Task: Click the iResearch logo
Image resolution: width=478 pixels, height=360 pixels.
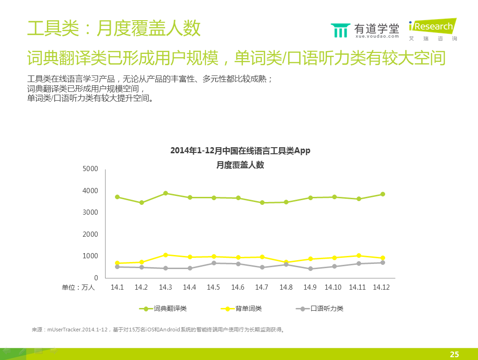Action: (x=432, y=29)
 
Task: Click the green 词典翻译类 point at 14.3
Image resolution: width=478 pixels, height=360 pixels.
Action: (x=166, y=193)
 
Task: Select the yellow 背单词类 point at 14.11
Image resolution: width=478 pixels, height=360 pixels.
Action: (x=359, y=255)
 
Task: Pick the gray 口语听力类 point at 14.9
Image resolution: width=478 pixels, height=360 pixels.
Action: (x=310, y=269)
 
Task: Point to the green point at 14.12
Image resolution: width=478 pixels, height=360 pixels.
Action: (x=383, y=194)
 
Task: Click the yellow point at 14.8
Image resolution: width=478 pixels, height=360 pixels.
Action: (x=286, y=262)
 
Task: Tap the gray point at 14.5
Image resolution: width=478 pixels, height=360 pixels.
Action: (x=213, y=263)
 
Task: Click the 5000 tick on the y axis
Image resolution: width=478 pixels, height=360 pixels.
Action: (x=90, y=169)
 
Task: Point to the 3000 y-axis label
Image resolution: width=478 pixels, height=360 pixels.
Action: (x=90, y=212)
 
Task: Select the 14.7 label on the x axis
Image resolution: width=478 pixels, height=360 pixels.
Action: (x=262, y=287)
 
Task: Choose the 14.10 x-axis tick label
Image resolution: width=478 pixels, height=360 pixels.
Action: (x=334, y=287)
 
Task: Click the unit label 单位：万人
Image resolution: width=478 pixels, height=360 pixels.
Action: (x=78, y=287)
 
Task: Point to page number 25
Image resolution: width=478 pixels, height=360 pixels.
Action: (x=454, y=354)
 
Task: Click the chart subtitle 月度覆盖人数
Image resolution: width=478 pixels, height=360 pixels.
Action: (x=240, y=165)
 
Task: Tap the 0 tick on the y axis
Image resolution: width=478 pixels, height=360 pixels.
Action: (x=95, y=278)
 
